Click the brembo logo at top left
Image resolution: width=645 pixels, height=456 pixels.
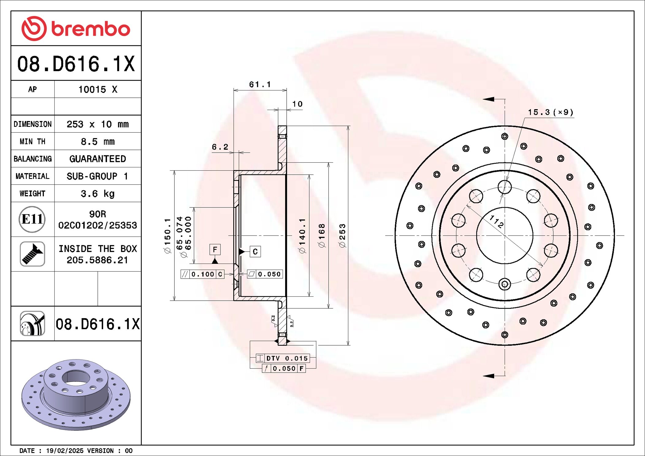(x=76, y=28)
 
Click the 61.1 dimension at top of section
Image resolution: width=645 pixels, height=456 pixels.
(x=260, y=84)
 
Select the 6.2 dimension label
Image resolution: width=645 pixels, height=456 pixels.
(x=220, y=147)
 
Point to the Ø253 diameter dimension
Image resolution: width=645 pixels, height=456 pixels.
(x=342, y=235)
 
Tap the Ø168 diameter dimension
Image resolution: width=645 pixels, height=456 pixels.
(x=322, y=235)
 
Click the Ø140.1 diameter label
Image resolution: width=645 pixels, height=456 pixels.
(x=302, y=235)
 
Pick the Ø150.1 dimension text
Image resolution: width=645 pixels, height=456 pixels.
(x=167, y=235)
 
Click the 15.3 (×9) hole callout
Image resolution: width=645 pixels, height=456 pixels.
(x=550, y=112)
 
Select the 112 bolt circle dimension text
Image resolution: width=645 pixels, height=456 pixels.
(x=496, y=222)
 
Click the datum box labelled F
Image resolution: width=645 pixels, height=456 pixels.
(x=215, y=249)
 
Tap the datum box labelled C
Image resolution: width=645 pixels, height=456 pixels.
(x=255, y=252)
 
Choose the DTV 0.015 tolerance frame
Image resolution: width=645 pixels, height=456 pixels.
(x=283, y=358)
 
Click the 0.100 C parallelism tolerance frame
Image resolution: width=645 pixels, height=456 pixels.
(x=203, y=274)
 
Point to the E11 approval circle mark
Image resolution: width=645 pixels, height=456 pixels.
(x=32, y=219)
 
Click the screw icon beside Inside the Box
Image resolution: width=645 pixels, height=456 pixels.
(x=32, y=254)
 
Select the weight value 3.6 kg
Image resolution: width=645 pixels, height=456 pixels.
(x=97, y=193)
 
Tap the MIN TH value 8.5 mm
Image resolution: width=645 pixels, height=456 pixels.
(x=97, y=141)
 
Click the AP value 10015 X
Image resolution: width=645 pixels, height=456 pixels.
(x=97, y=89)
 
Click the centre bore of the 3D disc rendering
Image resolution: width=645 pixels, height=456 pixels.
(x=75, y=378)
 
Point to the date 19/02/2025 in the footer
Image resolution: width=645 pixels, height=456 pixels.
(x=64, y=450)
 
